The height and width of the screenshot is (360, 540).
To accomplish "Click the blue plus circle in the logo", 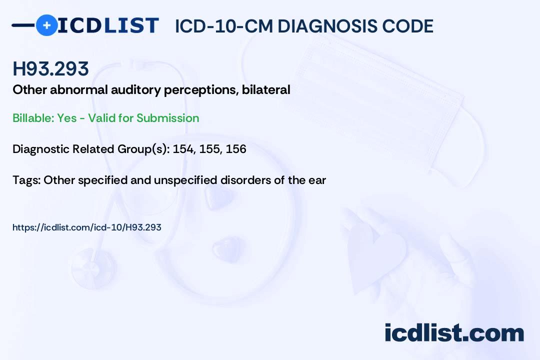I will coord(46,25).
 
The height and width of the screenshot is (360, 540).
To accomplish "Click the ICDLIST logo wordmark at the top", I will coord(108,25).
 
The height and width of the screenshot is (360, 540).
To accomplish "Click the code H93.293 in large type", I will coord(50,69).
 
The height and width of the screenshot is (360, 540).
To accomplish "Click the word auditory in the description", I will coord(136,90).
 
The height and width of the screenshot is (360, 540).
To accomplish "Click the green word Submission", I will coord(167,118).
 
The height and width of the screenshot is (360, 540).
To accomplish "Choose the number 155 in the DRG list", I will coord(209,149).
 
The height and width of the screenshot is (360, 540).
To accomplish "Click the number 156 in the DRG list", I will coord(236,149).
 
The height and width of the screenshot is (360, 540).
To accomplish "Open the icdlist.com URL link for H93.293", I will coord(87,227).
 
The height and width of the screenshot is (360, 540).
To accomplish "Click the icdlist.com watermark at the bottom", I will coord(454,333).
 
